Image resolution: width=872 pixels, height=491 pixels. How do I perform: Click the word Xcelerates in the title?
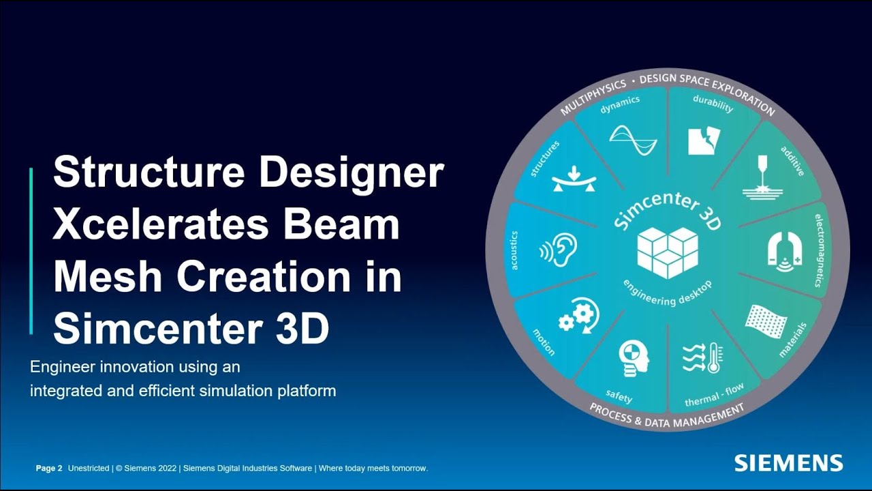click(x=162, y=224)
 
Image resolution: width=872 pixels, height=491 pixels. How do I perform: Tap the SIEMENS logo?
click(x=788, y=463)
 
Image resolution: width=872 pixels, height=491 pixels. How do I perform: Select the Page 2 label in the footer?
click(x=49, y=468)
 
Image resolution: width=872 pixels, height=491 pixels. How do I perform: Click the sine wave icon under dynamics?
click(x=633, y=139)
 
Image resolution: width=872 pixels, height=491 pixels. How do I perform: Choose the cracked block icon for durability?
click(x=703, y=139)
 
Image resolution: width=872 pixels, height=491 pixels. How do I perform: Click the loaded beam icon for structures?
click(x=574, y=179)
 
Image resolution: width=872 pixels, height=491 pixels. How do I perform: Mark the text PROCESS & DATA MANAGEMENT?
click(x=666, y=417)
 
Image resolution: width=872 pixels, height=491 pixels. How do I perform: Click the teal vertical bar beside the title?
click(x=31, y=251)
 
